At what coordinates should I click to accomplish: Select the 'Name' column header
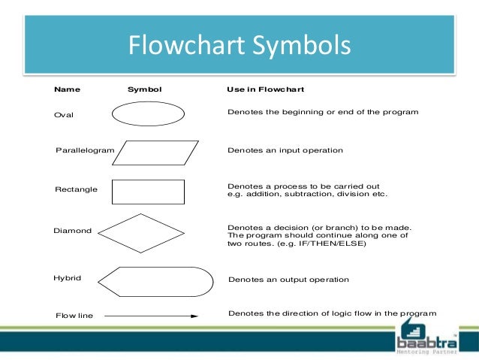pyautogui.click(x=68, y=89)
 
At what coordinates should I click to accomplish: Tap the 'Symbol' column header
pyautogui.click(x=144, y=89)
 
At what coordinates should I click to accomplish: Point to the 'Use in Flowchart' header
pyautogui.click(x=265, y=89)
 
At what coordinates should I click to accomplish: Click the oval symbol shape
pyautogui.click(x=148, y=113)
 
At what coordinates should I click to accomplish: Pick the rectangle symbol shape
pyautogui.click(x=148, y=192)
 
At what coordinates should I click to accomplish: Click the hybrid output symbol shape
pyautogui.click(x=155, y=281)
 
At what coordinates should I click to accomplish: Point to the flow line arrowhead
pyautogui.click(x=194, y=316)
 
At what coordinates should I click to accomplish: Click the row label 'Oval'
pyautogui.click(x=65, y=115)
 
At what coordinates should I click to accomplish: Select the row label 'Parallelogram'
pyautogui.click(x=85, y=150)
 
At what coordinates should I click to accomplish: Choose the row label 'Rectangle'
pyautogui.click(x=76, y=189)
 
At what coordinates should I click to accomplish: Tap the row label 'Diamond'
pyautogui.click(x=72, y=231)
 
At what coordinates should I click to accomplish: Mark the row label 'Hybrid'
pyautogui.click(x=68, y=278)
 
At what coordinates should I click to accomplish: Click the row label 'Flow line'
pyautogui.click(x=74, y=316)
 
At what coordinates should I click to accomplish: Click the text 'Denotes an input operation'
pyautogui.click(x=285, y=150)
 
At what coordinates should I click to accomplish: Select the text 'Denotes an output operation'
pyautogui.click(x=288, y=280)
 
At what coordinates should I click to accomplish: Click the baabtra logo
pyautogui.click(x=425, y=335)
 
